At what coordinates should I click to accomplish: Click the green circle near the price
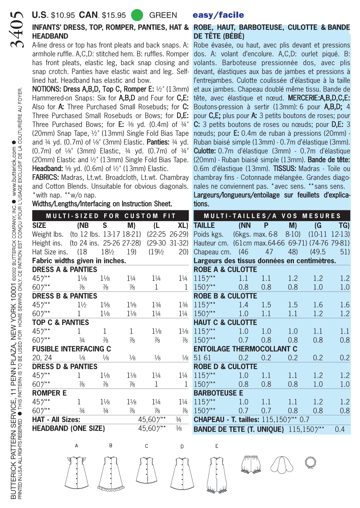click(x=137, y=15)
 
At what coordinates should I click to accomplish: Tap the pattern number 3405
click(x=17, y=30)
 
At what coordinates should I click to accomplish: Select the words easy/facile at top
click(x=218, y=15)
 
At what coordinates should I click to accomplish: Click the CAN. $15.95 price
click(x=102, y=15)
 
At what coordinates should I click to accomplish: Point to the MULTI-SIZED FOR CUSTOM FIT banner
click(x=111, y=216)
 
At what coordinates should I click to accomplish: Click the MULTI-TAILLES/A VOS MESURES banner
click(x=272, y=216)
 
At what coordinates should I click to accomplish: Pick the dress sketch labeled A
click(x=76, y=472)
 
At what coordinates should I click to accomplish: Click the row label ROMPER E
click(x=49, y=393)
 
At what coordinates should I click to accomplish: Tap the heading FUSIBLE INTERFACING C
click(x=71, y=349)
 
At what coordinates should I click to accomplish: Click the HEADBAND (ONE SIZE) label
click(x=69, y=428)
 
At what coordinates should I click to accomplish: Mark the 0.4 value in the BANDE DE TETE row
click(x=340, y=429)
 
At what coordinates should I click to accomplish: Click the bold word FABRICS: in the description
click(x=46, y=177)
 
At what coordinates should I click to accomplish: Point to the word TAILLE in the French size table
click(x=204, y=225)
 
